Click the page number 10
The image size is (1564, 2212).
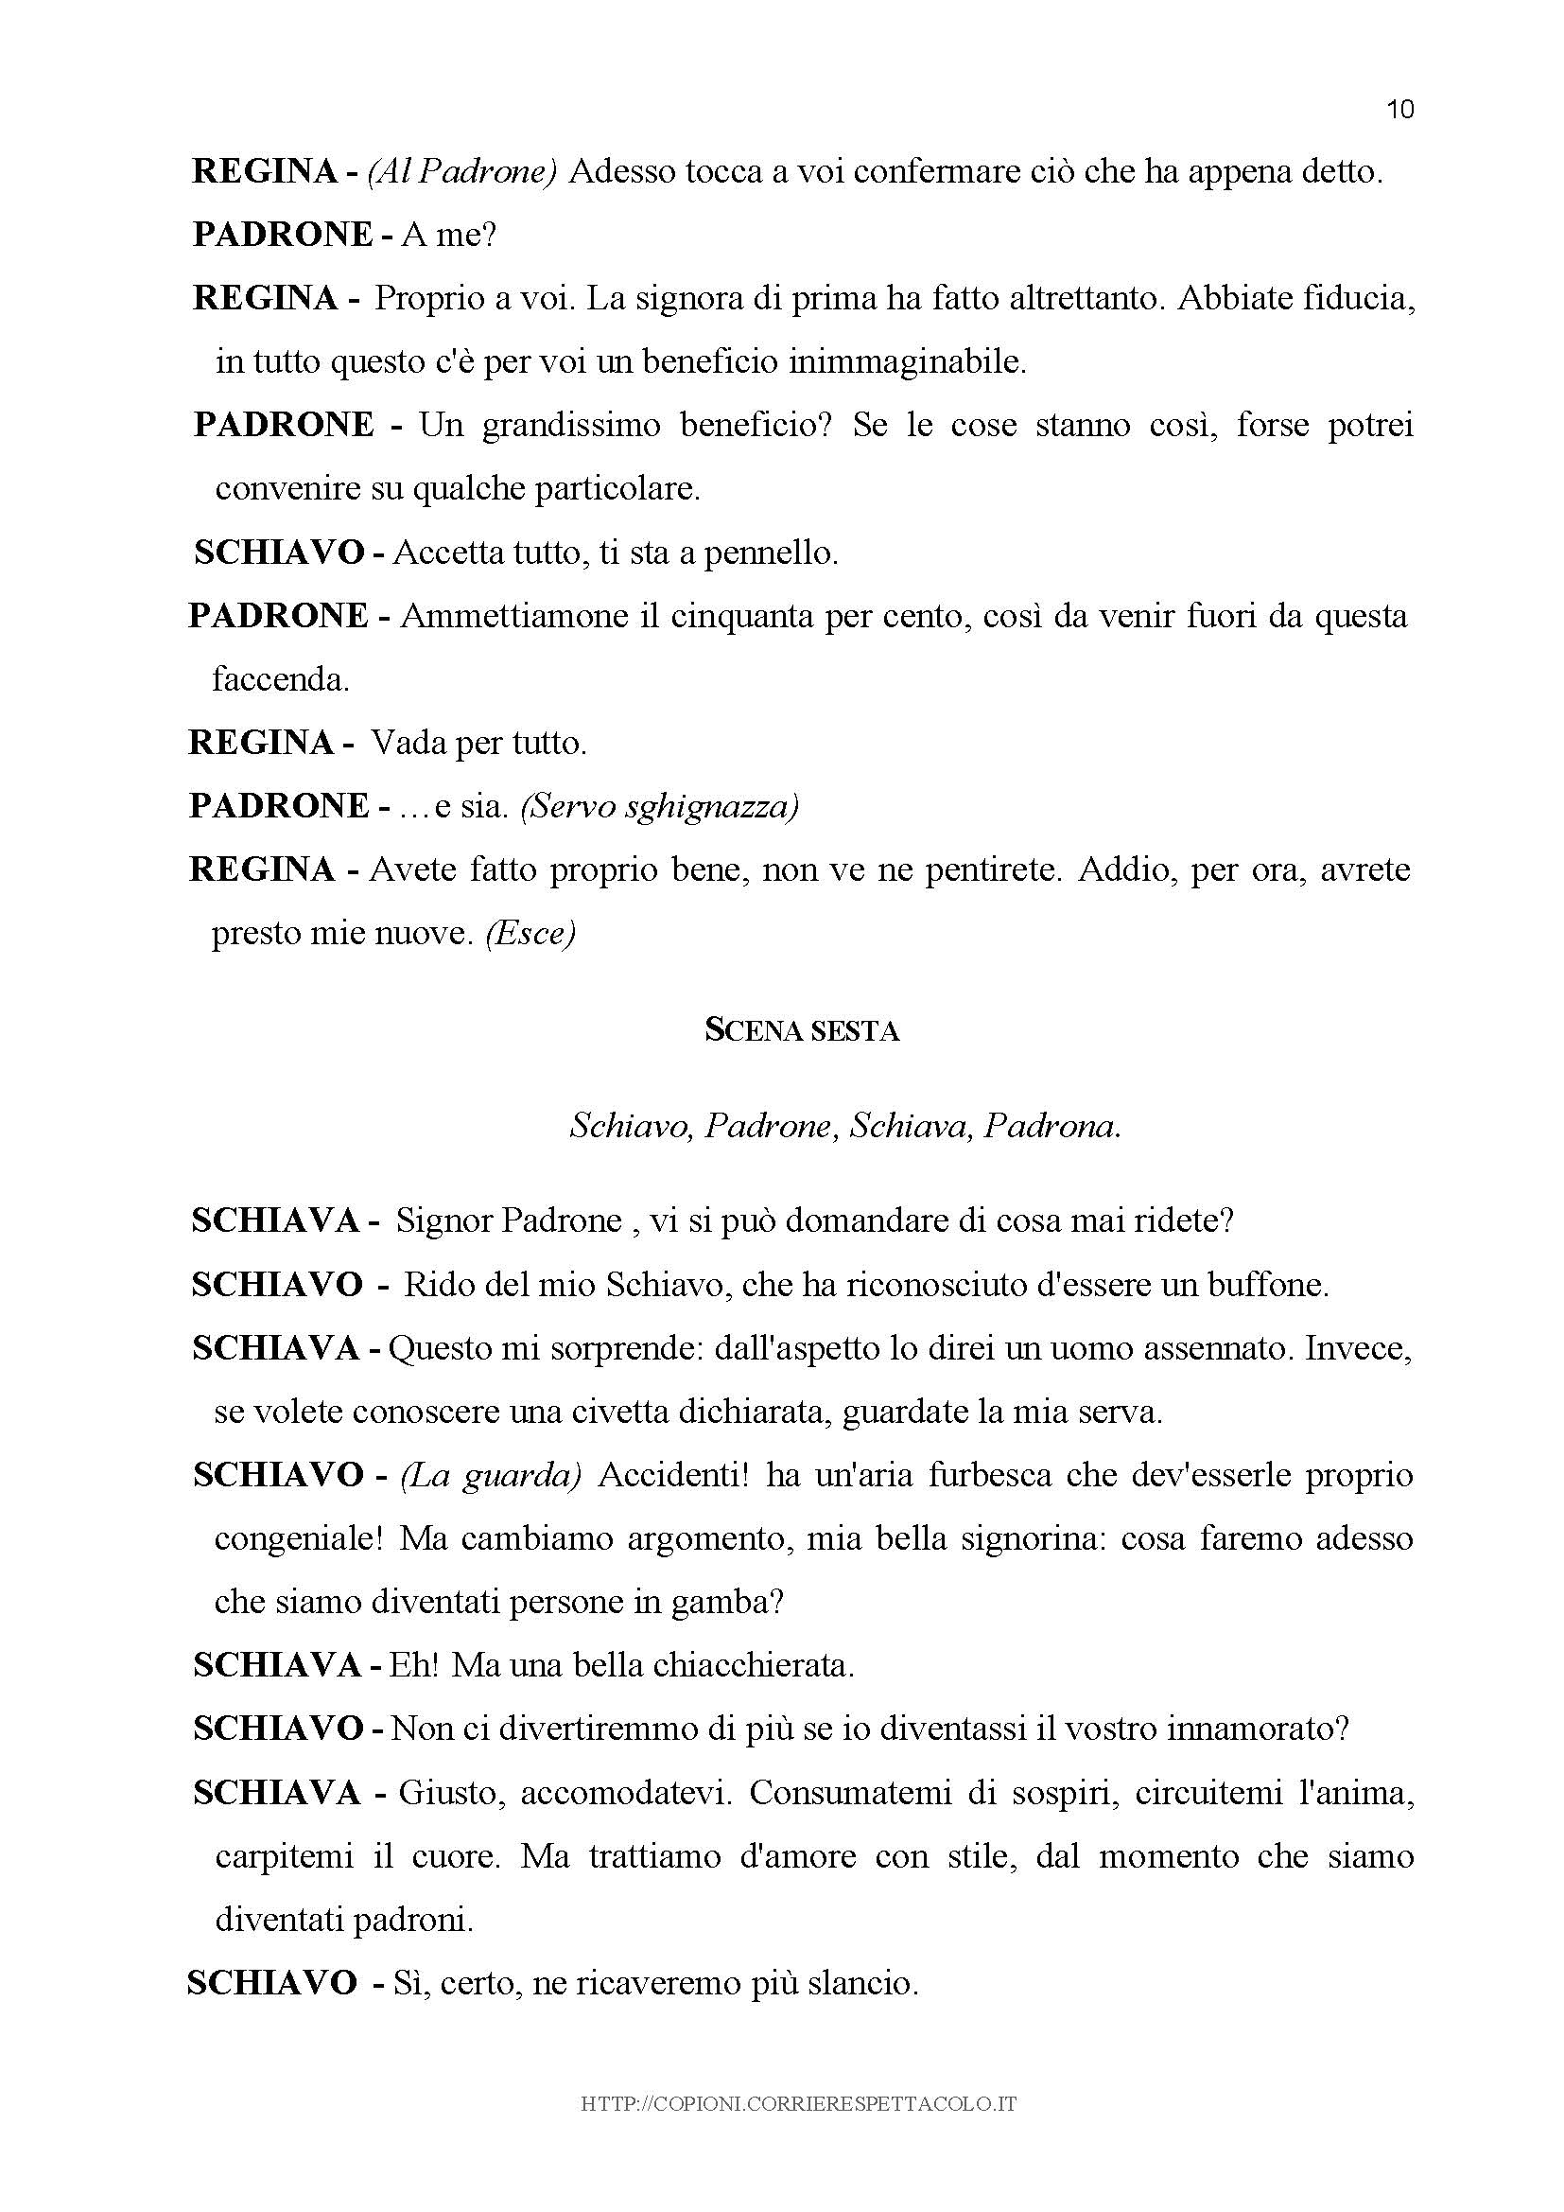click(x=1399, y=110)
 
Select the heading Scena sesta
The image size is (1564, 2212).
click(x=801, y=1032)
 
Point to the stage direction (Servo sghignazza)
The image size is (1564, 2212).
click(x=660, y=806)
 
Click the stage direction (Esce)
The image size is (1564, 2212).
click(x=530, y=934)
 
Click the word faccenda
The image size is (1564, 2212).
click(x=280, y=680)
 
